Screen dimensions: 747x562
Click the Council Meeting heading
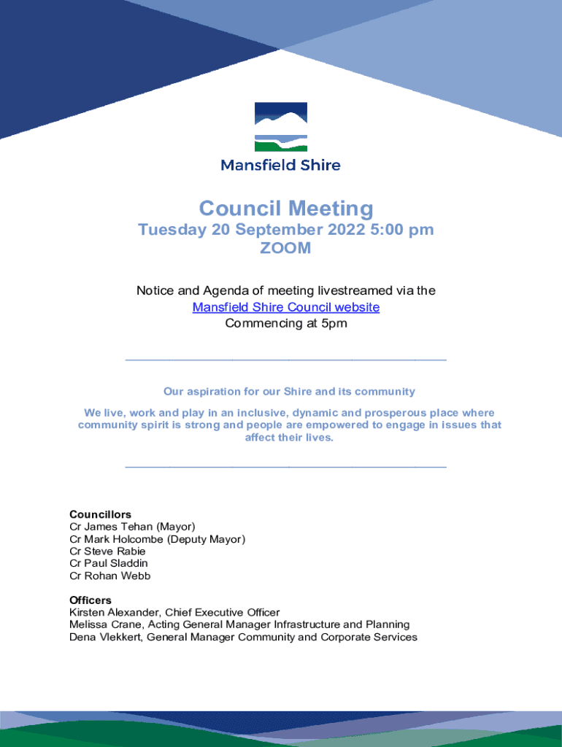coord(286,209)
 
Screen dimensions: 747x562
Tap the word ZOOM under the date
coord(286,248)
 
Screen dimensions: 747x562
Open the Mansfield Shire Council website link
coord(286,307)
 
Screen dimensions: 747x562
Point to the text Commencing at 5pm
coord(286,323)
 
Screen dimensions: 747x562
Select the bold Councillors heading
coord(100,514)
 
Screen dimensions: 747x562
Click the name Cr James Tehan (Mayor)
coord(132,527)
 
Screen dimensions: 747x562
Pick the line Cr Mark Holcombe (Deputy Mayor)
coord(157,539)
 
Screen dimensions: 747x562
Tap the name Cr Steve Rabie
coord(107,551)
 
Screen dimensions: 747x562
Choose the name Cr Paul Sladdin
coord(109,563)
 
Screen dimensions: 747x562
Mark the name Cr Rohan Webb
coord(110,576)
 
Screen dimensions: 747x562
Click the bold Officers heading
coord(91,600)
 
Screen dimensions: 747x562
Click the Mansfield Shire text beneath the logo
coord(281,165)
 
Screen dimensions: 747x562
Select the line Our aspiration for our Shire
coord(290,391)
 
